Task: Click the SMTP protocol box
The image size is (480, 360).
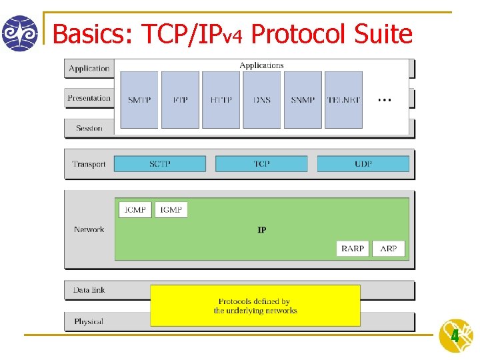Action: pos(139,100)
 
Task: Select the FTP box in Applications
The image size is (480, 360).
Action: pos(180,100)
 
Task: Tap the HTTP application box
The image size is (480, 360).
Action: pos(221,100)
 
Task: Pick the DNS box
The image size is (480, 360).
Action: pos(262,100)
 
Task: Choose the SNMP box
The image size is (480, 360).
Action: pos(303,100)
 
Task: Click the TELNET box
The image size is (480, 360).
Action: pos(344,100)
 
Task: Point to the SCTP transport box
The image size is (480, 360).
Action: pos(160,163)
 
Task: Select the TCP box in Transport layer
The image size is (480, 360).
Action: pos(261,163)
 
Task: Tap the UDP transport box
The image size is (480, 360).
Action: pos(363,163)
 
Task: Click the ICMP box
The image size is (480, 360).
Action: pos(135,209)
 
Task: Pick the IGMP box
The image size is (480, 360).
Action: pos(171,209)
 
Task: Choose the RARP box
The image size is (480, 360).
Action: pos(353,249)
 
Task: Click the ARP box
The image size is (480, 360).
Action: pos(389,249)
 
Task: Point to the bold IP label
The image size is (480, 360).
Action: pos(262,230)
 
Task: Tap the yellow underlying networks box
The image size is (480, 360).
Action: pos(255,305)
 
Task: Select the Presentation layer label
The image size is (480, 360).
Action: pos(89,98)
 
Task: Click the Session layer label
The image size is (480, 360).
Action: pos(89,128)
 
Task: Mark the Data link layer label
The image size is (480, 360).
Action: pos(89,290)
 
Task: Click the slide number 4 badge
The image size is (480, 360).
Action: pos(455,336)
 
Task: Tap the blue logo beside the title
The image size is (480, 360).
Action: pos(20,33)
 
